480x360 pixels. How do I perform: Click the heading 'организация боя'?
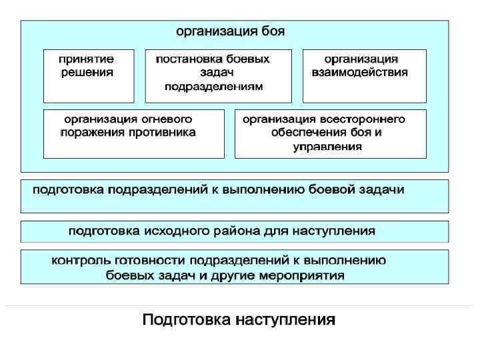click(230, 31)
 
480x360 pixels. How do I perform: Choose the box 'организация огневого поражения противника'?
click(133, 133)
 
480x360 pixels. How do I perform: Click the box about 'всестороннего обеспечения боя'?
click(330, 133)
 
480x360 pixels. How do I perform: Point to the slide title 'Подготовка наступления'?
click(239, 321)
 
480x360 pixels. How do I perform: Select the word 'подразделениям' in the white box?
click(214, 87)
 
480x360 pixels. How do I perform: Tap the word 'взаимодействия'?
click(360, 72)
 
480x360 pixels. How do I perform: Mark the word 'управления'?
click(328, 146)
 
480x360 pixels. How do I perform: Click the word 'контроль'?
click(78, 261)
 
